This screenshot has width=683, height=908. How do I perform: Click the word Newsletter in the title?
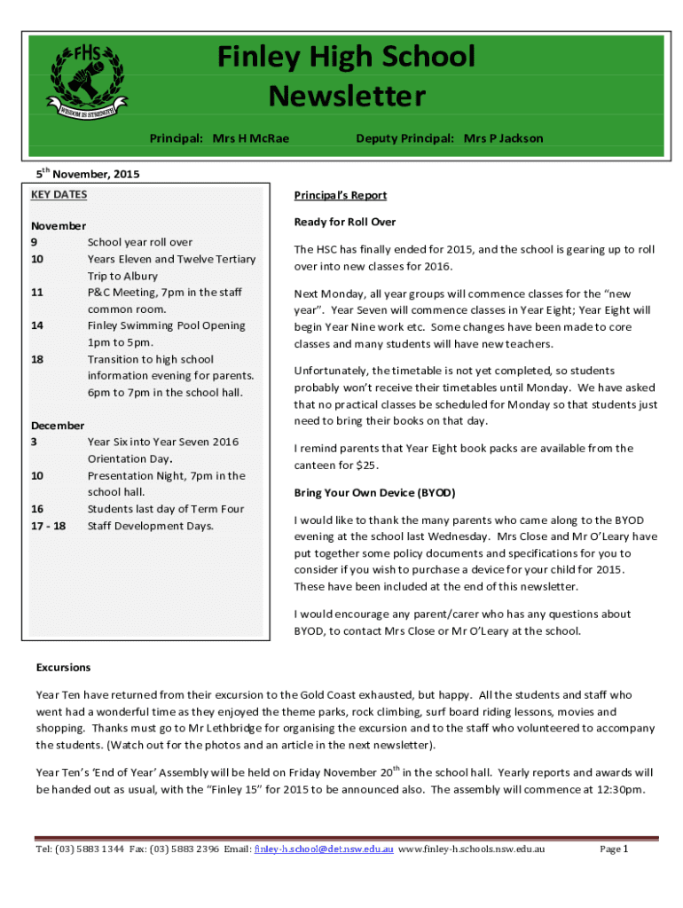click(x=347, y=95)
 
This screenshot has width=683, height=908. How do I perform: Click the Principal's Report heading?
click(x=341, y=195)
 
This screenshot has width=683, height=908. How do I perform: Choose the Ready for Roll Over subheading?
click(x=345, y=222)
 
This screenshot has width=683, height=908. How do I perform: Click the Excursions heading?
click(x=63, y=667)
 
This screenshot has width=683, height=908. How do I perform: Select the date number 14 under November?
click(x=37, y=325)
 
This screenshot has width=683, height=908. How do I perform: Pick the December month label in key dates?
click(x=58, y=426)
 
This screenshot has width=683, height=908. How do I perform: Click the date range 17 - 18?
click(x=48, y=526)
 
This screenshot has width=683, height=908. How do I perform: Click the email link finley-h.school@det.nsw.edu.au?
click(x=324, y=849)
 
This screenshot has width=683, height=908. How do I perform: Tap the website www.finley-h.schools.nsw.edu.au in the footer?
click(x=472, y=849)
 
